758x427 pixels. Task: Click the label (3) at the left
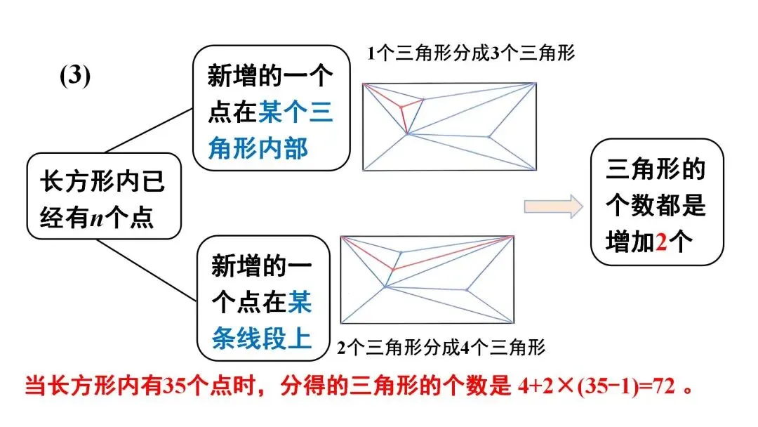[x=75, y=77]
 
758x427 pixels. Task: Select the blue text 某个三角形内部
[x=270, y=131]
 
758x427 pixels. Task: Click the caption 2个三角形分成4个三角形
[x=441, y=347]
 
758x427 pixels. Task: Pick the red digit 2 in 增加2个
[x=660, y=241]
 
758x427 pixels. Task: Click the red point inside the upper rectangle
[x=401, y=107]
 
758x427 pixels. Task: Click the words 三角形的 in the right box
[x=645, y=171]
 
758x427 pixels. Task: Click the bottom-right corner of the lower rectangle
[x=514, y=323]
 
